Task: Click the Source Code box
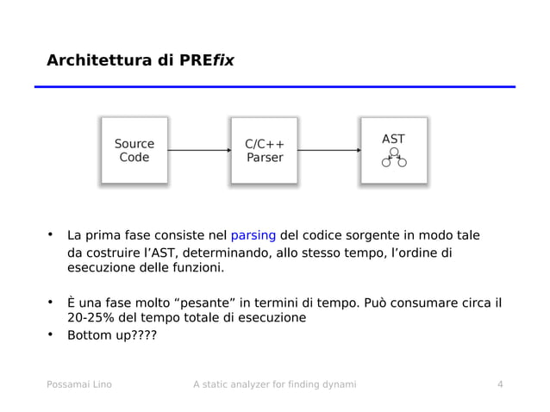(x=134, y=150)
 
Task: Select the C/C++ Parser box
(x=264, y=150)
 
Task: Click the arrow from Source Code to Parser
(x=199, y=150)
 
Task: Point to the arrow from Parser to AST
(x=328, y=150)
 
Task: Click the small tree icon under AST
(x=394, y=159)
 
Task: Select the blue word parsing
(x=253, y=234)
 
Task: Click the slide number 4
(x=500, y=384)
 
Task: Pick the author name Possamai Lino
(x=78, y=384)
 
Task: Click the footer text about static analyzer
(x=274, y=384)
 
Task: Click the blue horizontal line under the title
(x=275, y=87)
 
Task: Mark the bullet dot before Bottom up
(x=51, y=334)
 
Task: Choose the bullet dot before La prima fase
(x=51, y=234)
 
